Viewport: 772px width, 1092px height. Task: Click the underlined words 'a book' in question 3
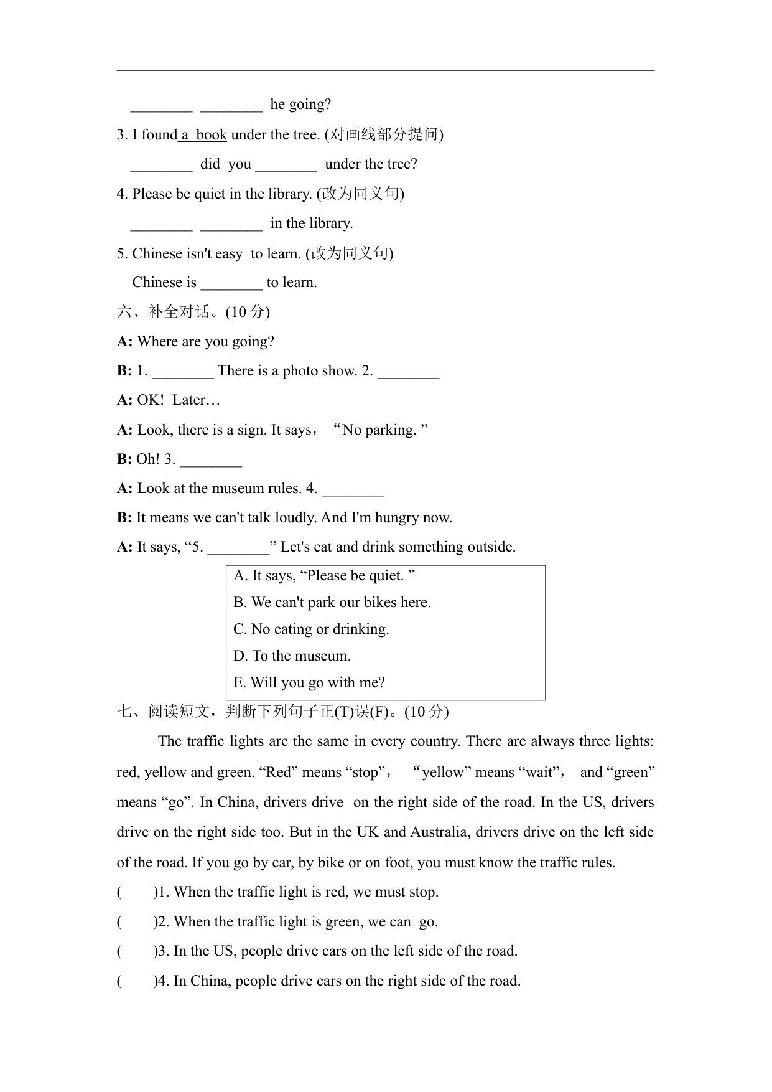pyautogui.click(x=203, y=134)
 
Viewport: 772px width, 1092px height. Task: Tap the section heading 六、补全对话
pyautogui.click(x=193, y=312)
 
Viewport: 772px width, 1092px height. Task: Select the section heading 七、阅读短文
pyautogui.click(x=282, y=711)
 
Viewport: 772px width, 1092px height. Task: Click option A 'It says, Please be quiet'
pyautogui.click(x=324, y=576)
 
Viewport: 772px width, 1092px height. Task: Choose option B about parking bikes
pyautogui.click(x=332, y=603)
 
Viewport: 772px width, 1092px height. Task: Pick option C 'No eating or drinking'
pyautogui.click(x=311, y=629)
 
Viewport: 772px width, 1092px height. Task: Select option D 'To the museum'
pyautogui.click(x=292, y=656)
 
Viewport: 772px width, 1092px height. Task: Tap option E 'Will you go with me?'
pyautogui.click(x=309, y=683)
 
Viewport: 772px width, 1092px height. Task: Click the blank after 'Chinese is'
pyautogui.click(x=231, y=284)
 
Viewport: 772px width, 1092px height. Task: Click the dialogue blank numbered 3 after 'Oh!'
pyautogui.click(x=211, y=461)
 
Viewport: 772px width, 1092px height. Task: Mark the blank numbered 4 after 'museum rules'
pyautogui.click(x=353, y=490)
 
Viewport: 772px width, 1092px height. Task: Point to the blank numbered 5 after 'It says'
pyautogui.click(x=238, y=548)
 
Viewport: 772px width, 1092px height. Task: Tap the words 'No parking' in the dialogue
pyautogui.click(x=379, y=430)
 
